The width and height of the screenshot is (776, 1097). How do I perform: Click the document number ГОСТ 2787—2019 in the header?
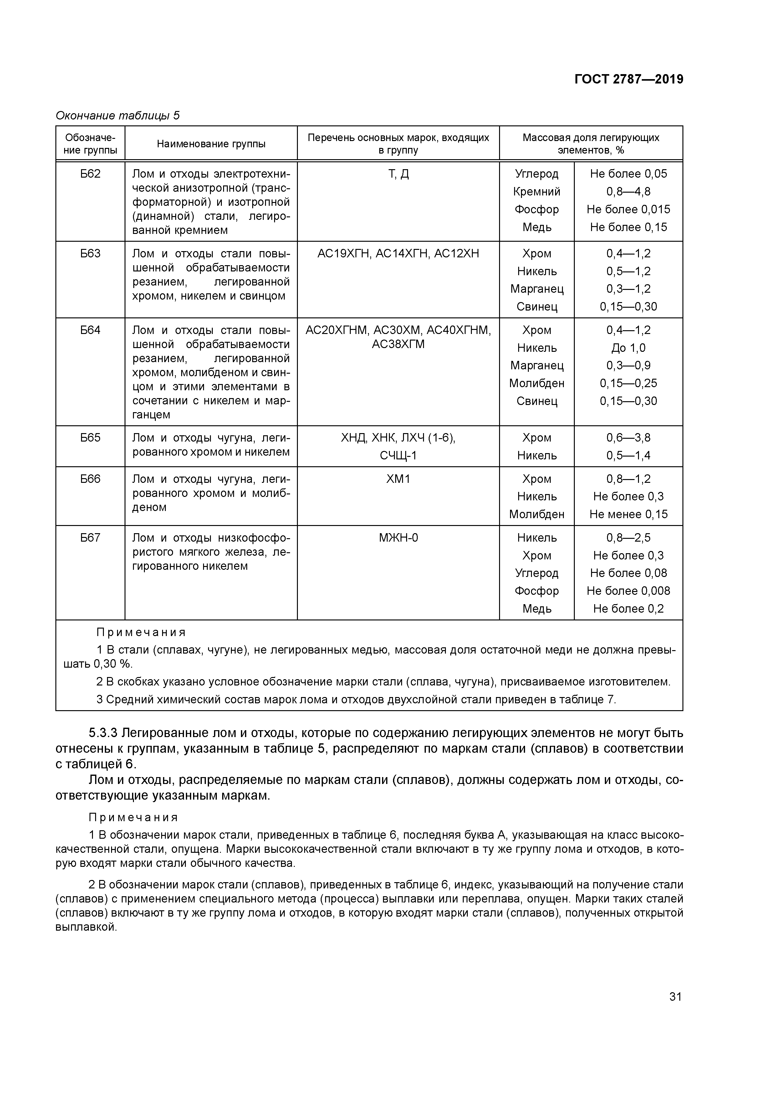(628, 79)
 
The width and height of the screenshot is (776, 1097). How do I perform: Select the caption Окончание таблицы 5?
(118, 116)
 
